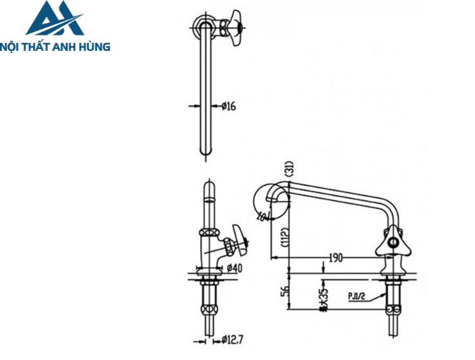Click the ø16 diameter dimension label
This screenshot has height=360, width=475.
[228, 106]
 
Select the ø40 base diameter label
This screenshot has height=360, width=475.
[233, 268]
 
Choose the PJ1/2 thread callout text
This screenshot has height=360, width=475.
[358, 295]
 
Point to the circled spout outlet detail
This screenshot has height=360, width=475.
[265, 200]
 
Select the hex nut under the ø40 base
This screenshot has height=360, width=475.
[208, 279]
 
